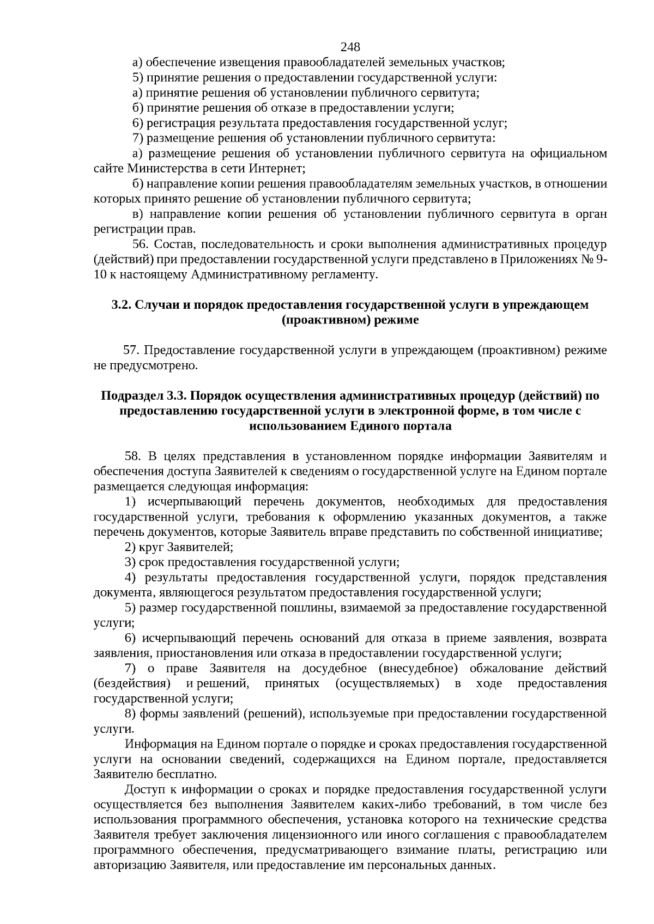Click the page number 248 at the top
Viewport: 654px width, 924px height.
pos(350,47)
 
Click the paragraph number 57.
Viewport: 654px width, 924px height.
pos(132,350)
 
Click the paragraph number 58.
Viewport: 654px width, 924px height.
pos(134,456)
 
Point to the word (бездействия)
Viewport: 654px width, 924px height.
pos(132,683)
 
